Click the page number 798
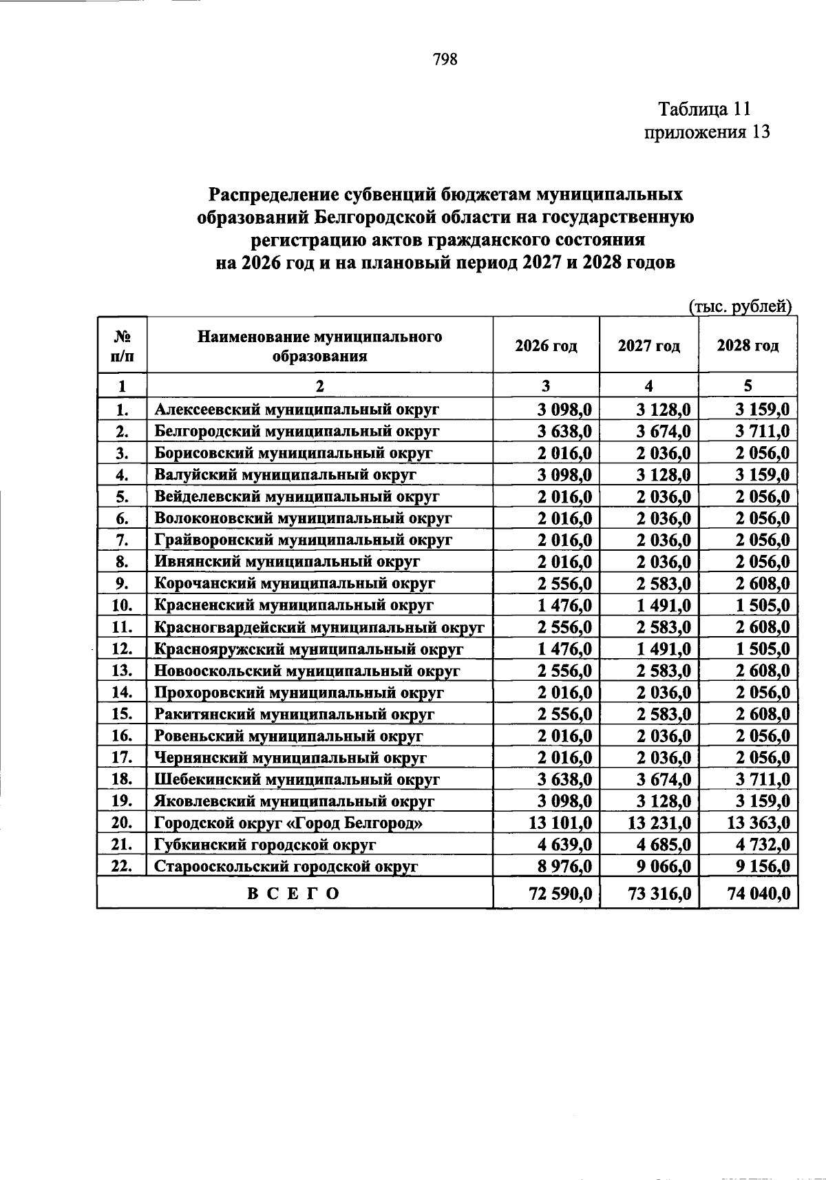(x=445, y=60)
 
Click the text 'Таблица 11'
(x=703, y=109)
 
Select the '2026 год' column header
(x=546, y=346)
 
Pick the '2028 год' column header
(x=748, y=346)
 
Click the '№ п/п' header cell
(x=122, y=346)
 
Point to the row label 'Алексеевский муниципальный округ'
(x=297, y=410)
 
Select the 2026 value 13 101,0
(x=558, y=823)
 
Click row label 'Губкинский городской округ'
(x=265, y=845)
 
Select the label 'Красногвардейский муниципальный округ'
(x=319, y=628)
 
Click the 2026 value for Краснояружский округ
(x=564, y=649)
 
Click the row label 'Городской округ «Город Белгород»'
(x=288, y=823)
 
